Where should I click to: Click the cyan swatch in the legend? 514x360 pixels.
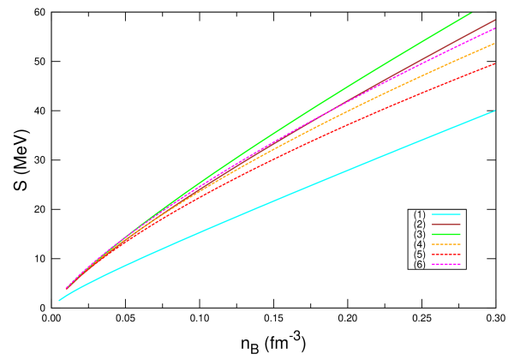click(x=446, y=214)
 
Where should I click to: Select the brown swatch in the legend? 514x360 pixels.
click(x=446, y=225)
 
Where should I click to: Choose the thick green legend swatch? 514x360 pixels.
click(x=446, y=234)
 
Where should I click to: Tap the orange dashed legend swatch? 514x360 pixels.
click(x=446, y=244)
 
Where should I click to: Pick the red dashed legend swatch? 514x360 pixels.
click(x=446, y=255)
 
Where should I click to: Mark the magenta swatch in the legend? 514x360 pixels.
click(x=446, y=264)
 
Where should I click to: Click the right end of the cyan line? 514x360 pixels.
click(x=495, y=111)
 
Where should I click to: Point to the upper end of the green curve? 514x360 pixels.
click(x=471, y=13)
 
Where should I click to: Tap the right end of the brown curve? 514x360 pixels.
click(x=495, y=19)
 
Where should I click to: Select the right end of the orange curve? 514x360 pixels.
click(x=495, y=43)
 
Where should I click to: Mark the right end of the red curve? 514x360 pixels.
click(x=495, y=63)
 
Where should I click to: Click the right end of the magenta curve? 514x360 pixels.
click(x=495, y=28)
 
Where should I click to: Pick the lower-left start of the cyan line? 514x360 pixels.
click(x=58, y=301)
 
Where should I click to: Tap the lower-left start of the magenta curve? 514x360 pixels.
click(x=66, y=288)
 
